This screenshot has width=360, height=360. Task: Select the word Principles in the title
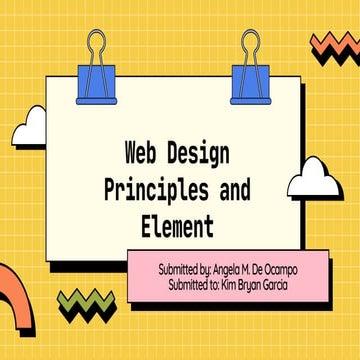click(153, 190)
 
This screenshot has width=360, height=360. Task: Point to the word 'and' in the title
click(237, 190)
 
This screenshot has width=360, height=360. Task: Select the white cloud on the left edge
click(29, 127)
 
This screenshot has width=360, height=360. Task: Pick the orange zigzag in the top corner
click(337, 45)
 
